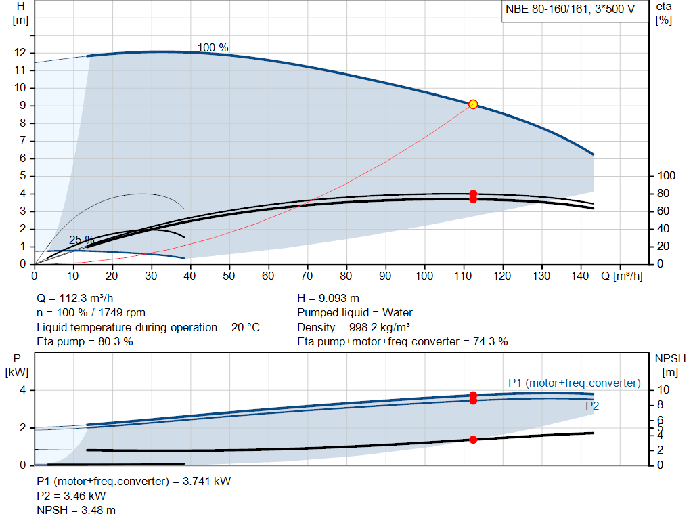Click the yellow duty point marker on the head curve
tap(473, 104)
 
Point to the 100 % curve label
tap(213, 48)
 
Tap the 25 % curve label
tap(81, 240)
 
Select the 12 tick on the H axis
tap(20, 53)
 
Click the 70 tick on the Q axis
tap(308, 276)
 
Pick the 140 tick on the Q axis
tap(581, 276)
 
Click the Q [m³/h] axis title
tap(622, 276)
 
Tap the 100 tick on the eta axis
tap(667, 176)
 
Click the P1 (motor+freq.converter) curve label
tap(574, 383)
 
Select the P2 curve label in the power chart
tap(592, 406)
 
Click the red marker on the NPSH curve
tap(473, 440)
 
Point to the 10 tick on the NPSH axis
tap(664, 390)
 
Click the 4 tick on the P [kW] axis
tap(22, 390)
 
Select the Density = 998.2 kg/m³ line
tap(354, 327)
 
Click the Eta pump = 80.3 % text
tap(85, 342)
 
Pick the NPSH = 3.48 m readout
tap(76, 510)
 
